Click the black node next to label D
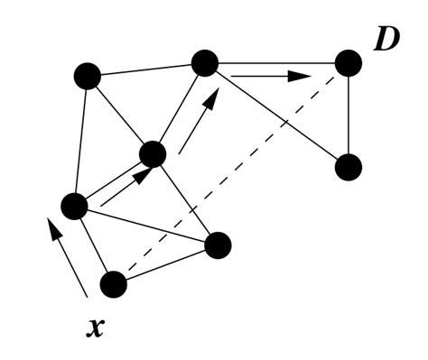[x=349, y=63]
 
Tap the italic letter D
[x=386, y=41]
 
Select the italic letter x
[x=95, y=327]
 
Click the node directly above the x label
[x=113, y=284]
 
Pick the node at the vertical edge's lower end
[x=349, y=167]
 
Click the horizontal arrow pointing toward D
[x=271, y=77]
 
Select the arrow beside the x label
[x=69, y=258]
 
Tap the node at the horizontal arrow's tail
[x=205, y=63]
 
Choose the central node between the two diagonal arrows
[x=153, y=154]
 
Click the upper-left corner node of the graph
[x=87, y=76]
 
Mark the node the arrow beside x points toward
[x=74, y=206]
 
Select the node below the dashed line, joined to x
[x=218, y=245]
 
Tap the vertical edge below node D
[x=349, y=115]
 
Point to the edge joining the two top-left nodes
[x=144, y=69]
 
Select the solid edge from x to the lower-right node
[x=165, y=264]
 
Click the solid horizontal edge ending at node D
[x=280, y=63]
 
